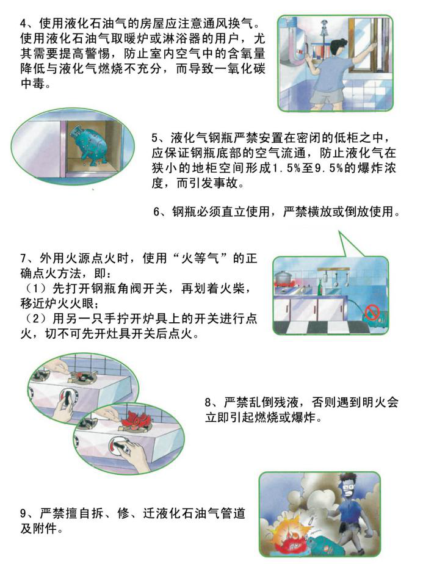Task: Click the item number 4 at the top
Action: pyautogui.click(x=23, y=24)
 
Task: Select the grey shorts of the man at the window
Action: pyautogui.click(x=325, y=96)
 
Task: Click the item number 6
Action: pyautogui.click(x=156, y=212)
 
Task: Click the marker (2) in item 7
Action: pyautogui.click(x=37, y=319)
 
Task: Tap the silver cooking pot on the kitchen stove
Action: pyautogui.click(x=283, y=277)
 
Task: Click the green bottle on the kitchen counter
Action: pyautogui.click(x=319, y=287)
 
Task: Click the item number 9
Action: pyautogui.click(x=23, y=513)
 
